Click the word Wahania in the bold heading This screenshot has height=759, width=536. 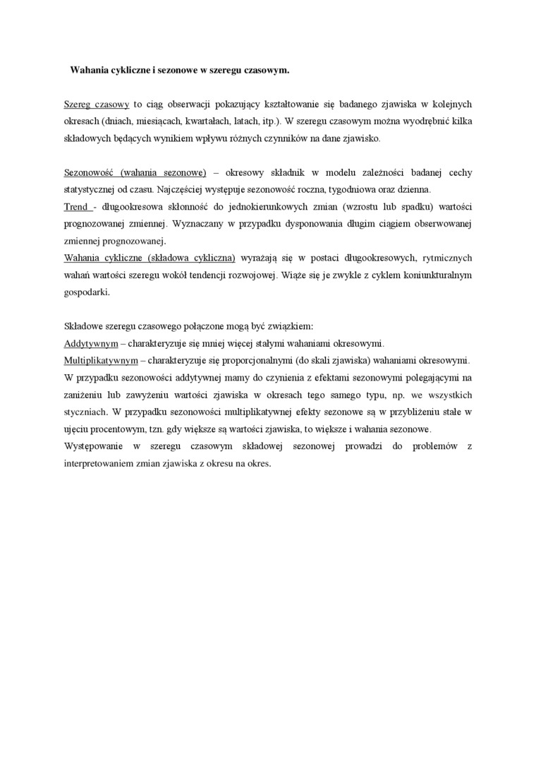87,71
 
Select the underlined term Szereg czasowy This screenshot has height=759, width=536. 96,104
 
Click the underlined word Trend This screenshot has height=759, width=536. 75,206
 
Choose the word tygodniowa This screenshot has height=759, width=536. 357,189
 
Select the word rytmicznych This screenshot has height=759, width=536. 446,258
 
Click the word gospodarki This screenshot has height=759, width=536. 87,292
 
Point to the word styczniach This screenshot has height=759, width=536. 85,412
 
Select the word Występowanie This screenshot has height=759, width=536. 94,446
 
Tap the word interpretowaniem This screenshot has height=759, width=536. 99,463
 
